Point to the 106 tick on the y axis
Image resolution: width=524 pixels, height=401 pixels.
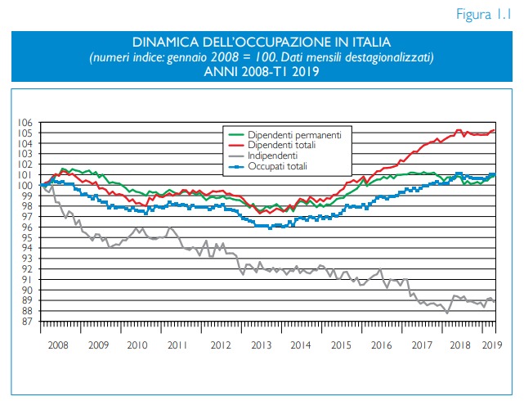27,123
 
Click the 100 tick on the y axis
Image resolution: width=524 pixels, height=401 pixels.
27,186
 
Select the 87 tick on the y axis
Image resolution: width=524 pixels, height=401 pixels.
27,322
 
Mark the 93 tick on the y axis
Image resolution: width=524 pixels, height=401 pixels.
27,259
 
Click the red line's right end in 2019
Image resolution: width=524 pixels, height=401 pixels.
495,130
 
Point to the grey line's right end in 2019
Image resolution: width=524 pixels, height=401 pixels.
495,300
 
